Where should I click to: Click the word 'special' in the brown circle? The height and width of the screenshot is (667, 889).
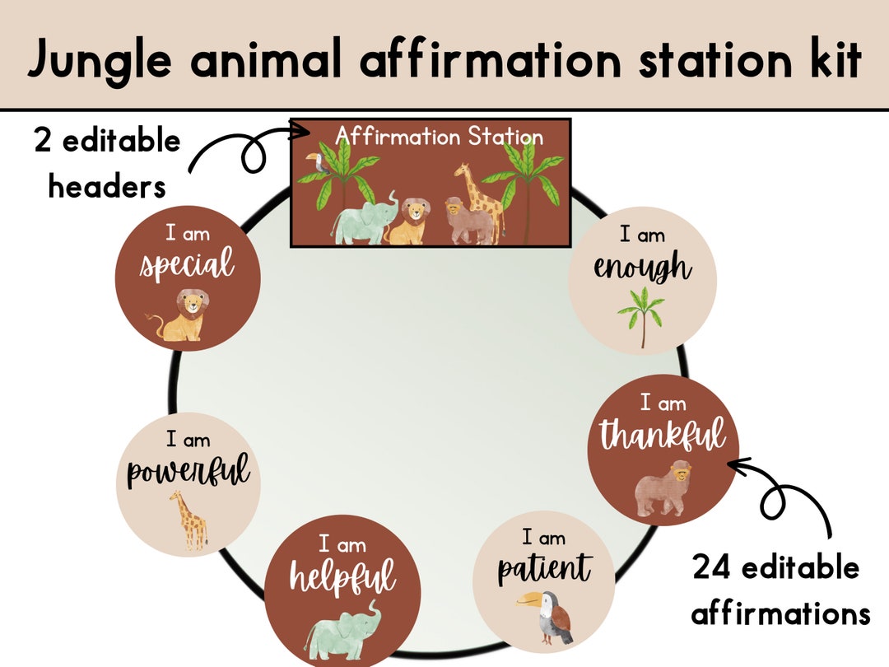[187, 266]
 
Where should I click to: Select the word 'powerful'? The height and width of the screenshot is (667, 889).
[189, 473]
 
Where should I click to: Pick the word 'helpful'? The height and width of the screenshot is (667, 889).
[342, 576]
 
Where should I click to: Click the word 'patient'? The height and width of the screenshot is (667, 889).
[544, 568]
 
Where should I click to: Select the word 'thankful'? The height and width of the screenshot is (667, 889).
[663, 434]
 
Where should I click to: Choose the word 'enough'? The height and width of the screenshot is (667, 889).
[643, 268]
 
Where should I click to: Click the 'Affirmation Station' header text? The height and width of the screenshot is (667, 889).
[440, 136]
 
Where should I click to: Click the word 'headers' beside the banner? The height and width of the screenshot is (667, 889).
[107, 187]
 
